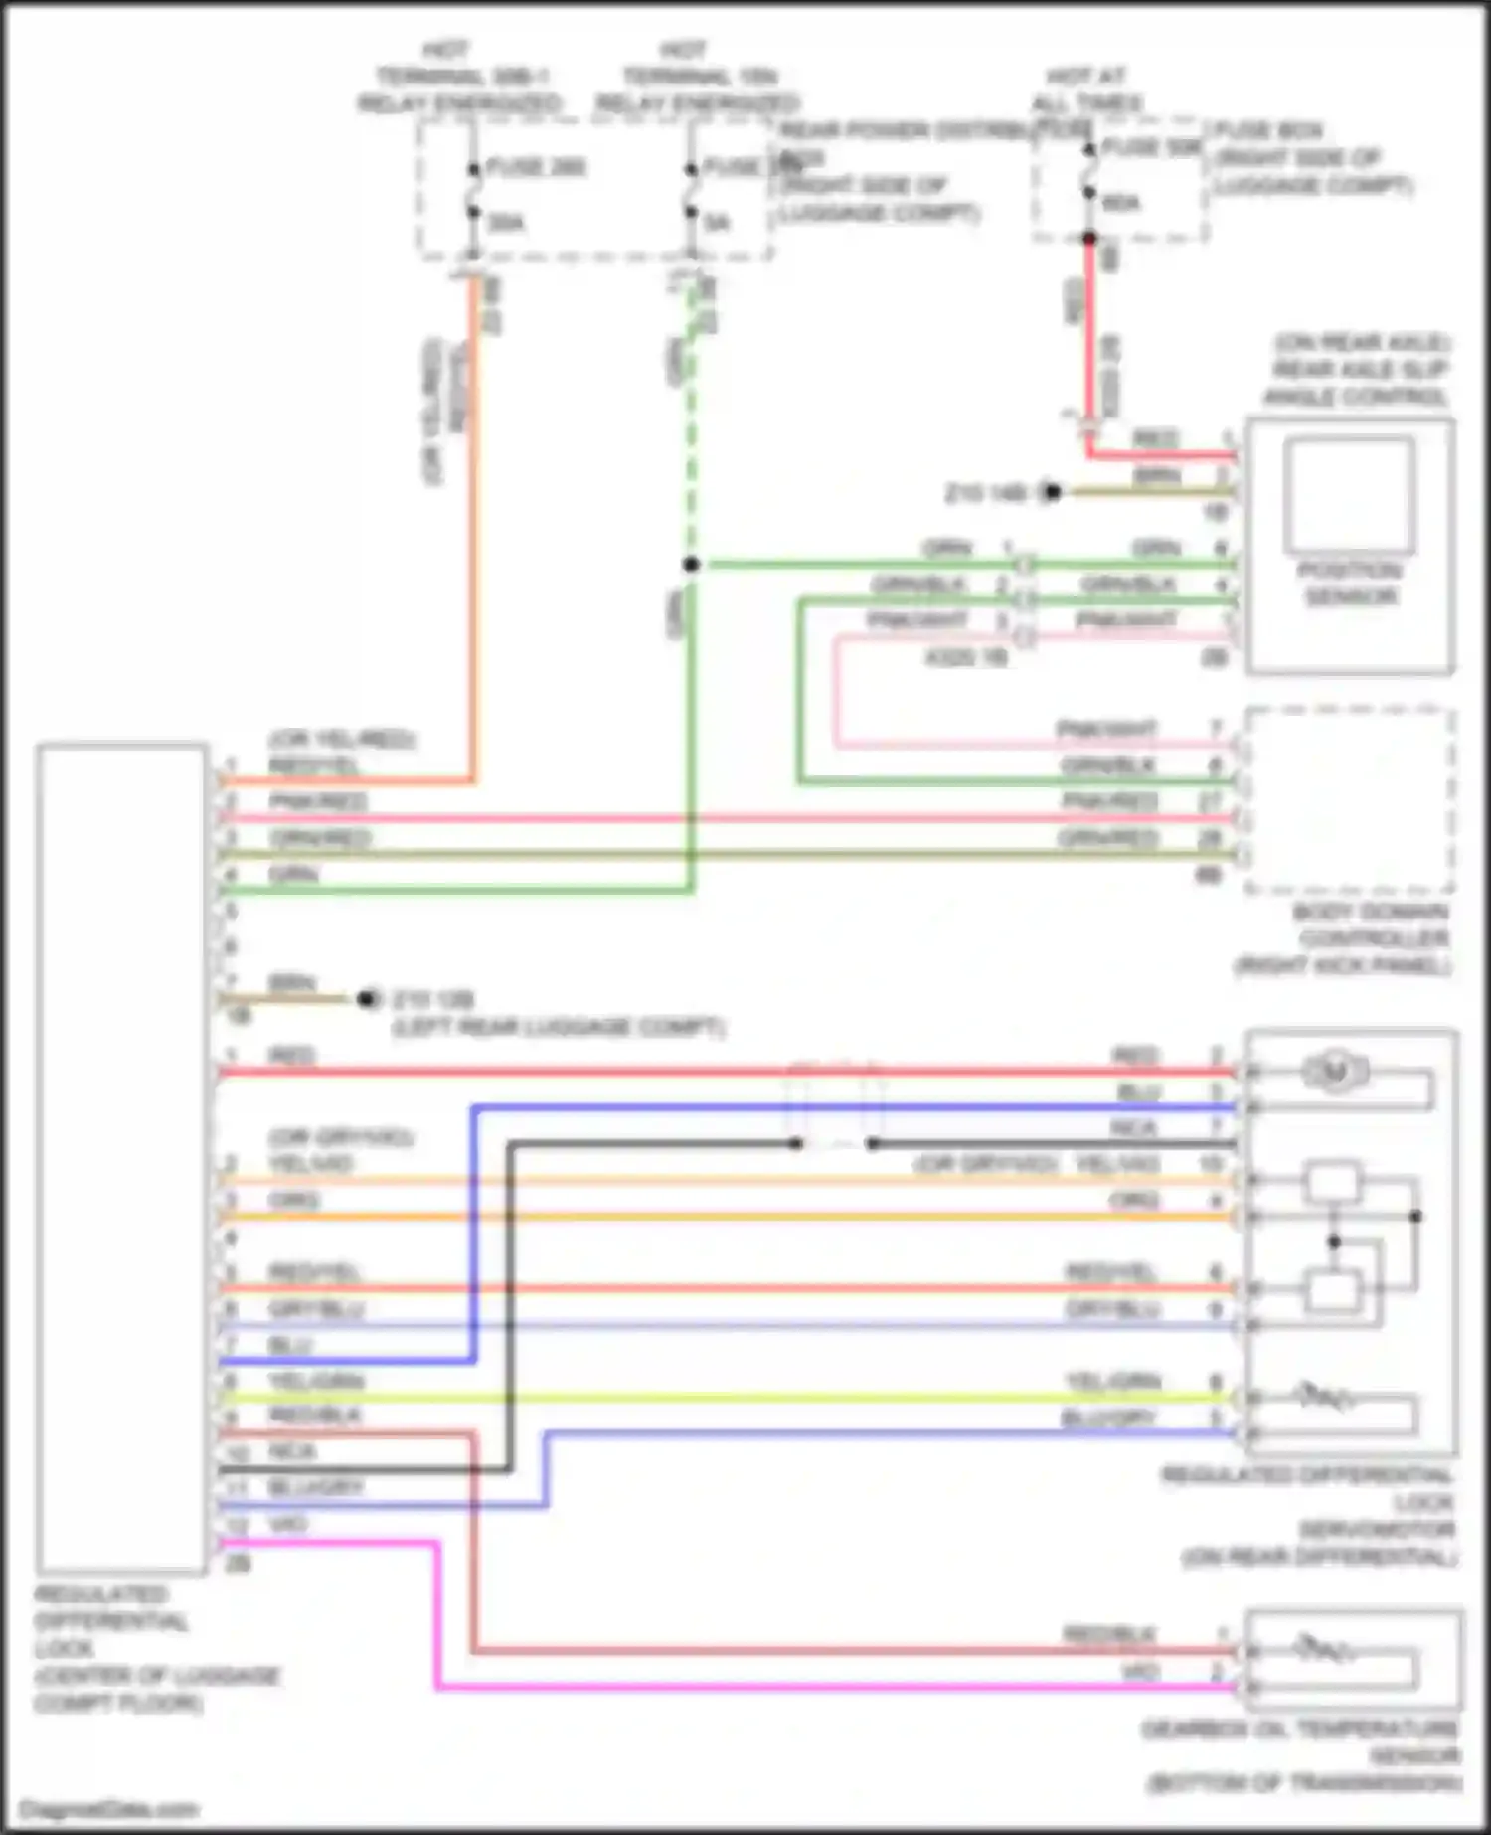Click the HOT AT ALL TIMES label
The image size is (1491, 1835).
pos(1086,89)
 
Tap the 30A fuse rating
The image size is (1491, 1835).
pos(506,223)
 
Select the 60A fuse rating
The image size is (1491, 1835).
pos(1121,204)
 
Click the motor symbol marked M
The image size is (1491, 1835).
pos(1335,1072)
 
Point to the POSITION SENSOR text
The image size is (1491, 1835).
pos(1350,584)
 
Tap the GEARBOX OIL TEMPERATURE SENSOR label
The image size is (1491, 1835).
pos(1302,1756)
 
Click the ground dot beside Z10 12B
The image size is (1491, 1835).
pos(368,999)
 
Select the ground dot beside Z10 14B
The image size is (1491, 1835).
pos(1052,491)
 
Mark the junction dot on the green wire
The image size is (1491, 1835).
pos(691,564)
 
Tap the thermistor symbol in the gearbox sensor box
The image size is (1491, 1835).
pos(1323,1651)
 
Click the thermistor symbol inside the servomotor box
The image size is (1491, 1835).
pos(1323,1398)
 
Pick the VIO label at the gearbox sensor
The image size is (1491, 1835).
pos(1139,1673)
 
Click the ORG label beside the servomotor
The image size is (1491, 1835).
pos(1134,1201)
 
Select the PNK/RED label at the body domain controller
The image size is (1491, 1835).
pos(1109,801)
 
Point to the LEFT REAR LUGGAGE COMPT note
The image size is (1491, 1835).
pos(558,1027)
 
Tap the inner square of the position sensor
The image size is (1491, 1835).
pos(1349,494)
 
